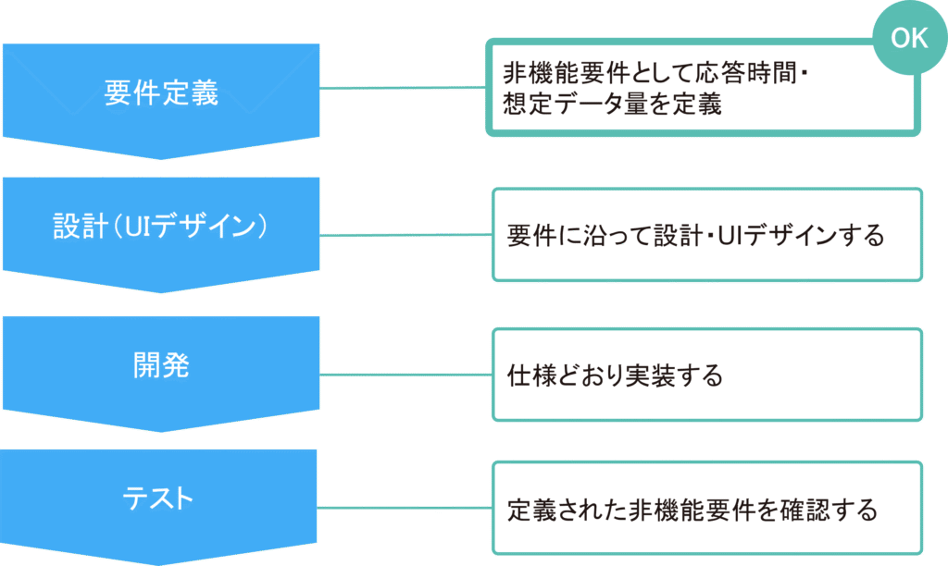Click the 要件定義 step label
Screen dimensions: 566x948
coord(161,93)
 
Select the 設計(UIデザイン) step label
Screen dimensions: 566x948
coord(161,227)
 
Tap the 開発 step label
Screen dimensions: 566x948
coord(161,365)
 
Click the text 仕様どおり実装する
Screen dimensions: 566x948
coord(615,375)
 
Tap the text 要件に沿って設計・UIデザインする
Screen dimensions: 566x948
coord(695,235)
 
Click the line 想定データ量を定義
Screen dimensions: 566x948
coord(612,105)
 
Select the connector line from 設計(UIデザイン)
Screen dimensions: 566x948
coord(405,235)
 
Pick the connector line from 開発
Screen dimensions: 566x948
coord(405,375)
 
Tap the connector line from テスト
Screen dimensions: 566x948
coord(405,508)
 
